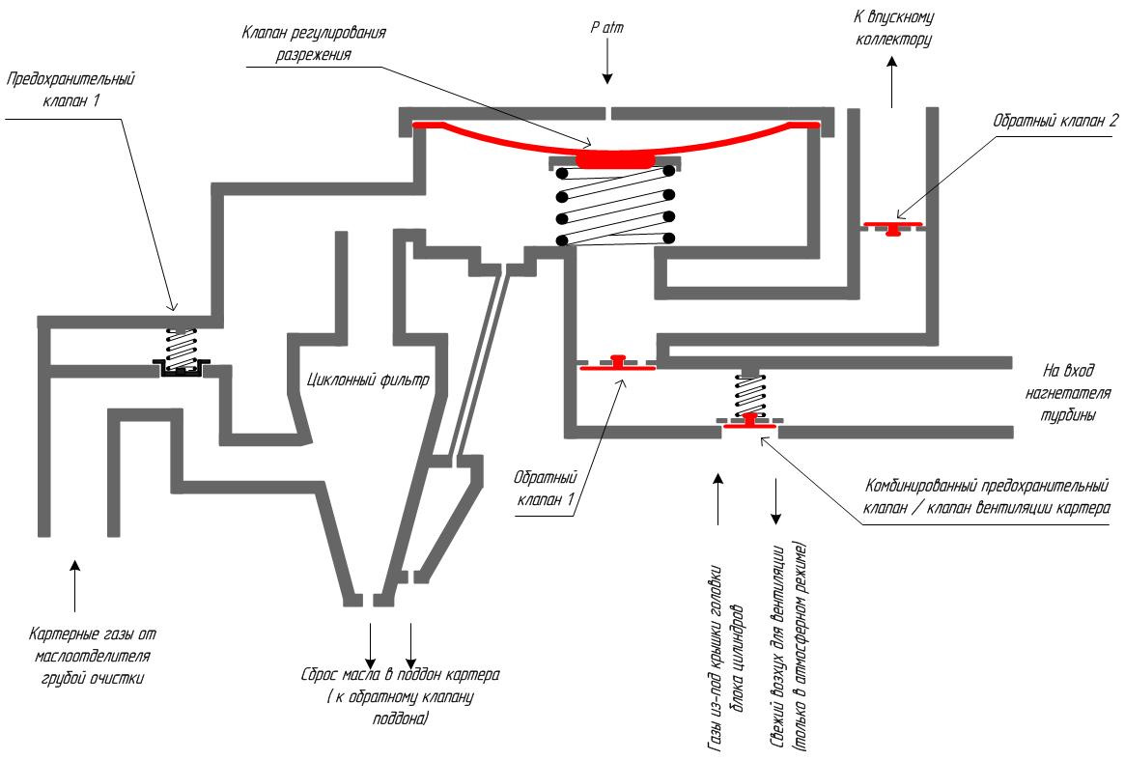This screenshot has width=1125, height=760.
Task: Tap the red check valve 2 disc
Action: pos(893,228)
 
